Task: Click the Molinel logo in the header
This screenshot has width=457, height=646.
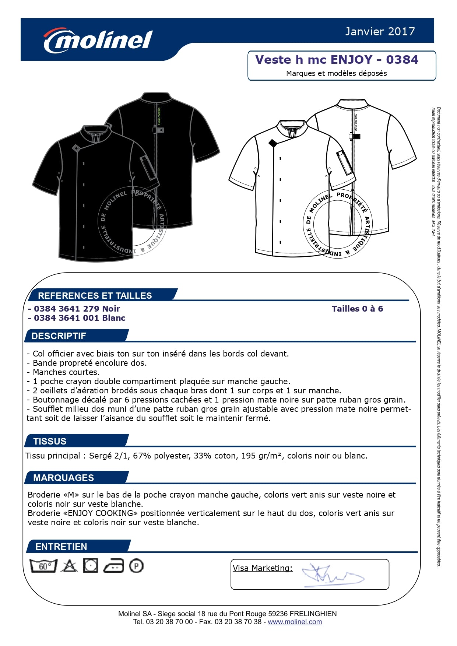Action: [98, 40]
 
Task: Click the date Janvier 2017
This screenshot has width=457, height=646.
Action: [380, 32]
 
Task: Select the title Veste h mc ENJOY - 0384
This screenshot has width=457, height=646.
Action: [337, 60]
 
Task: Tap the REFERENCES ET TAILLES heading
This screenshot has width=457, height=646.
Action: [95, 295]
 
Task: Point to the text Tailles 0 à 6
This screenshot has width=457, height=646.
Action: [357, 309]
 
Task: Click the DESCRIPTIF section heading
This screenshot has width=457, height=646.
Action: [59, 336]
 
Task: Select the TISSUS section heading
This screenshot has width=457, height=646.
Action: [50, 441]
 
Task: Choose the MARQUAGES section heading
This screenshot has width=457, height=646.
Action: [63, 478]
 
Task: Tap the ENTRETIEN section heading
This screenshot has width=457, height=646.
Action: [61, 547]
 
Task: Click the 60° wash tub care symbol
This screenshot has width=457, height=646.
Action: [43, 566]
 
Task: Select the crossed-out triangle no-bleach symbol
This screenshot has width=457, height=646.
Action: [69, 566]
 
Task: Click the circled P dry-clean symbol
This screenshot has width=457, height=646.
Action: [136, 566]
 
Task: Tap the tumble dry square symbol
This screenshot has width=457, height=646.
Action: [91, 566]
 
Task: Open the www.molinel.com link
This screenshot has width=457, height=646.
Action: [295, 622]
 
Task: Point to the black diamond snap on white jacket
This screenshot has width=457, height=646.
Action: [273, 143]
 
